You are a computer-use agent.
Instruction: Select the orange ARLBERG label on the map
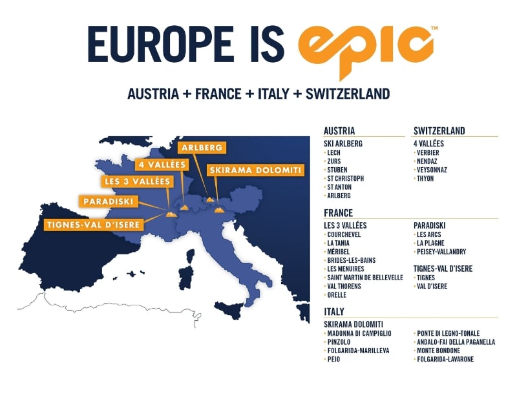tap(203, 148)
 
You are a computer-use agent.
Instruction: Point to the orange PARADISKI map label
tap(108, 201)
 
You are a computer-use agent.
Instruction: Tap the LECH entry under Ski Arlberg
tap(334, 153)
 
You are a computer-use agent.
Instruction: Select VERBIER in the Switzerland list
tap(429, 153)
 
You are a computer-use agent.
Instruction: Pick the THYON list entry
tap(426, 179)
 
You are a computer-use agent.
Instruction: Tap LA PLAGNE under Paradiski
tap(430, 243)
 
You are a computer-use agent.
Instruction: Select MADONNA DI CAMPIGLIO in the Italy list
tap(359, 333)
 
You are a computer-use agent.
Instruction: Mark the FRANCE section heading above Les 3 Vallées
tap(339, 213)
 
